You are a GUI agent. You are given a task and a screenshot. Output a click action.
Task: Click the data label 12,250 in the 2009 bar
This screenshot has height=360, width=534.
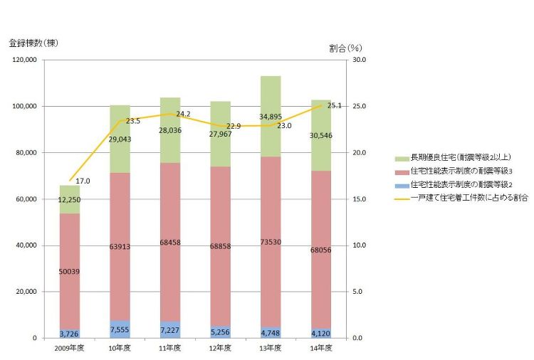[69, 201]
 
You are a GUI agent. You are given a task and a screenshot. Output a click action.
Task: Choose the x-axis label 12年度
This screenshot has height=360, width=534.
[219, 347]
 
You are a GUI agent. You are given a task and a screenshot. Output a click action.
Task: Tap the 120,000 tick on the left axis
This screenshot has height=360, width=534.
[24, 60]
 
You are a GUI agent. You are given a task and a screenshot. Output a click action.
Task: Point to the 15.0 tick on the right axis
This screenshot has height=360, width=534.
[360, 199]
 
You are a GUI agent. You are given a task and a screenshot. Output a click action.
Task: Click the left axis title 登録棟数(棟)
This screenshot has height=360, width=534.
[33, 43]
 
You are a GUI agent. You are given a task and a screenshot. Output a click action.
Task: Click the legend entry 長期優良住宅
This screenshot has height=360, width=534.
[463, 156]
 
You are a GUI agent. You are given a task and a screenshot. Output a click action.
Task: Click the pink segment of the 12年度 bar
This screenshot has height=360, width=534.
[219, 213]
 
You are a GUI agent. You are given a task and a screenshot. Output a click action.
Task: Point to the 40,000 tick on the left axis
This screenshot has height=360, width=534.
[26, 245]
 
